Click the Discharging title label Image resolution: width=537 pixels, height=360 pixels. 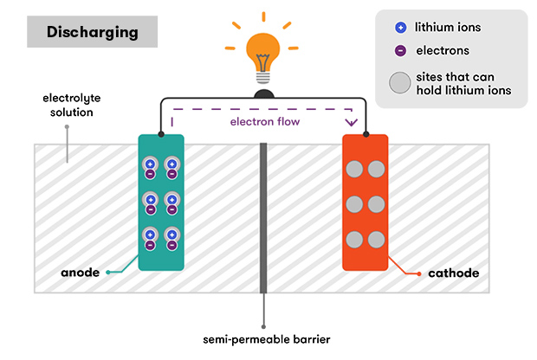92,33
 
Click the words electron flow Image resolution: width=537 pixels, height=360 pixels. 264,122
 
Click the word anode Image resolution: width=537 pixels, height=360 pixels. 80,273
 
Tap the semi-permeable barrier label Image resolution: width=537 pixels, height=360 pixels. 263,337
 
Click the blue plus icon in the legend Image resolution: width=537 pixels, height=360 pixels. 398,27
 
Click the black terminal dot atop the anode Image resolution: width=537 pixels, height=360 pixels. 161,136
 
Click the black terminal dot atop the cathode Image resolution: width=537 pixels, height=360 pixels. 366,136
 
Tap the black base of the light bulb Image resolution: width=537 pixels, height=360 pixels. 264,92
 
